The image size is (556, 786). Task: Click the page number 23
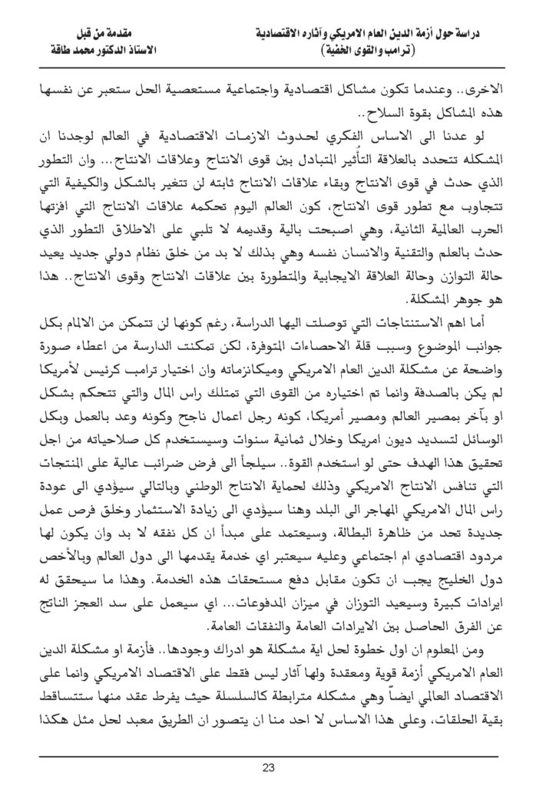click(277, 767)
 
